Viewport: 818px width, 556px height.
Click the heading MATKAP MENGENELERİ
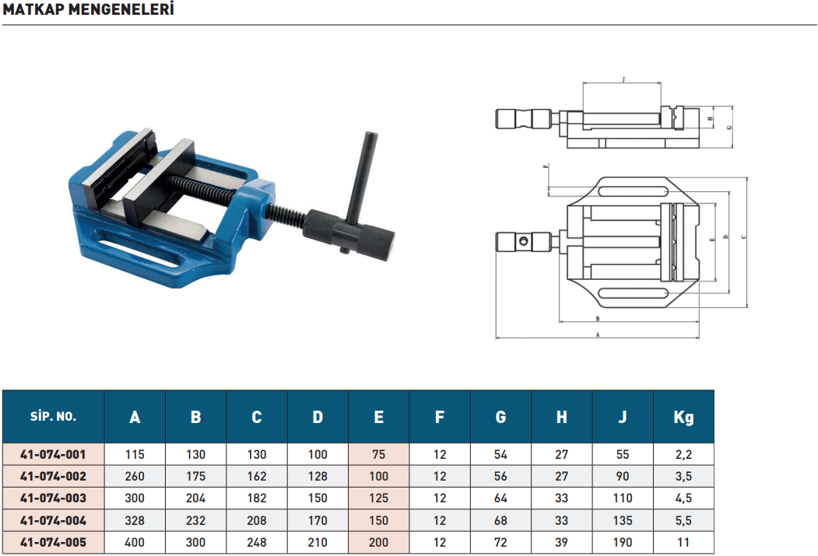pos(89,10)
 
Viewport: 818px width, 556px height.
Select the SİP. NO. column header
pos(53,416)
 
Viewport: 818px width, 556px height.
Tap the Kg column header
pos(683,416)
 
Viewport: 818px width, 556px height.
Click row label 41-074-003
pos(53,498)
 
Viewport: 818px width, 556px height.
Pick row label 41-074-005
pos(53,543)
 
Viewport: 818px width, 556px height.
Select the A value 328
pos(135,520)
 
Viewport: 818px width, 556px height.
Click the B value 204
pos(195,498)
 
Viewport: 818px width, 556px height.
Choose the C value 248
pos(257,543)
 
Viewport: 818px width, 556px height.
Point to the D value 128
pos(318,476)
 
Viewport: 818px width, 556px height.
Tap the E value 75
pos(378,454)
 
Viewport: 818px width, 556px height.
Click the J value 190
pos(623,543)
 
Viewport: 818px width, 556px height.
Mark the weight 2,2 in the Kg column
pos(683,454)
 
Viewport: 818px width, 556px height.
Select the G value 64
pos(500,498)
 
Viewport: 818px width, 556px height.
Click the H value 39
pos(561,543)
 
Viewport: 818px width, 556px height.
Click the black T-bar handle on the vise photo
pos(360,171)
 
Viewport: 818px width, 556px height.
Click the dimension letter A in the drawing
pos(596,335)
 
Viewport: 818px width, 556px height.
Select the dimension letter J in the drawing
pos(624,79)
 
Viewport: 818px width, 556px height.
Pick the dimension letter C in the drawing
pos(744,237)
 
